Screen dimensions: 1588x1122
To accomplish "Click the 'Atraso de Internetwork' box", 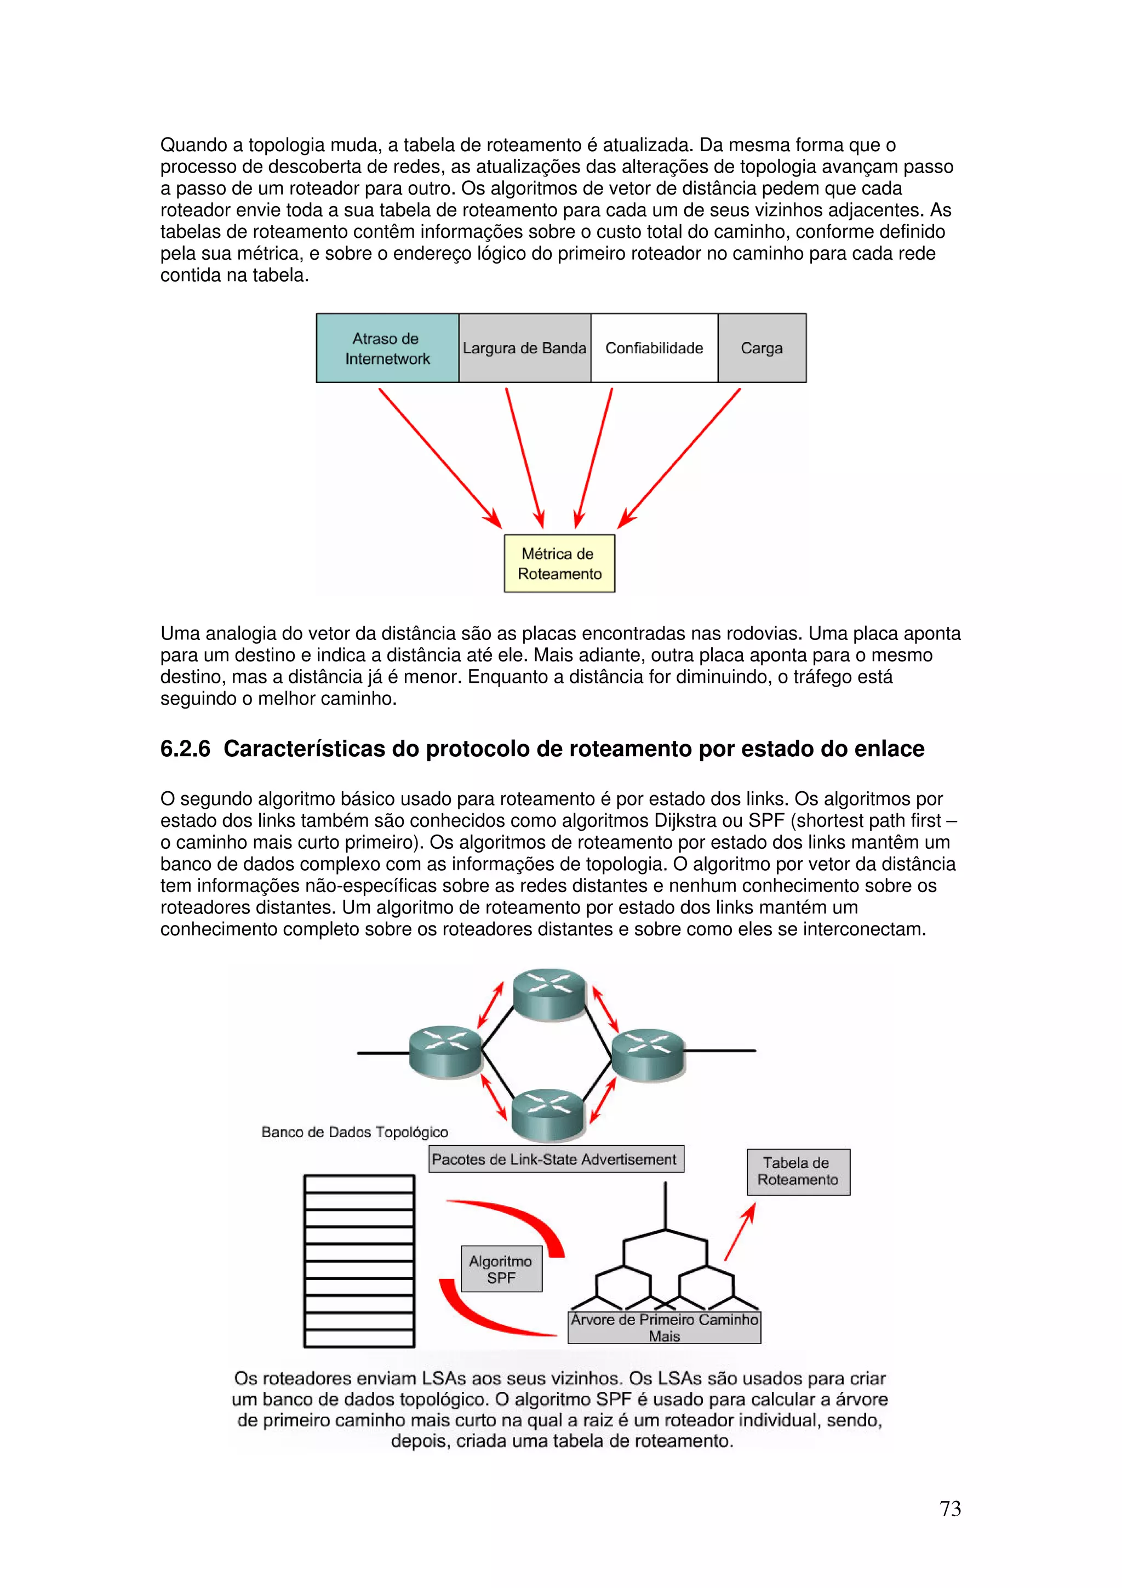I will (387, 348).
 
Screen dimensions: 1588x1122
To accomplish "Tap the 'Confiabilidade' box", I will (654, 348).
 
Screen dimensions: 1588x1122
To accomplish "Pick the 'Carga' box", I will (762, 348).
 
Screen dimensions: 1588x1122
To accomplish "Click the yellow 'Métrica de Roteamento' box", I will (559, 564).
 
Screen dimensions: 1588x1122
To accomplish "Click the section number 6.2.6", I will (185, 749).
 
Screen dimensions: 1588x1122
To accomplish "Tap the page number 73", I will (950, 1509).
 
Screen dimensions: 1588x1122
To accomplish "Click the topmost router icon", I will (549, 994).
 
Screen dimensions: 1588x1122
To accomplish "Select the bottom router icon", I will (549, 1114).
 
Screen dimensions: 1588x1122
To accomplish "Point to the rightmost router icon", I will (648, 1054).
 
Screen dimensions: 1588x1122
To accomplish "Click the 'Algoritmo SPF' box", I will (501, 1269).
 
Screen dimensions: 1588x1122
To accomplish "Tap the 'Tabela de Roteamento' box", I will (798, 1172).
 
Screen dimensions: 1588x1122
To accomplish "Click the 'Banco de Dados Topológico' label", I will (354, 1132).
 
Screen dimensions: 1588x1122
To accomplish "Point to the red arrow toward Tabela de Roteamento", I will (740, 1231).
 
